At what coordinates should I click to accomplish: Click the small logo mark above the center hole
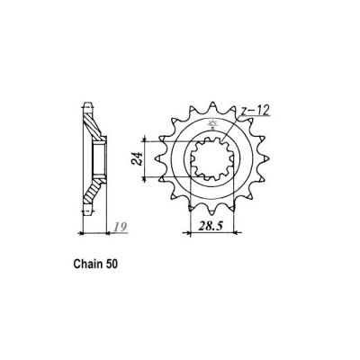(212, 125)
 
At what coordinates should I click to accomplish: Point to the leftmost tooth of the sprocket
(153, 167)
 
